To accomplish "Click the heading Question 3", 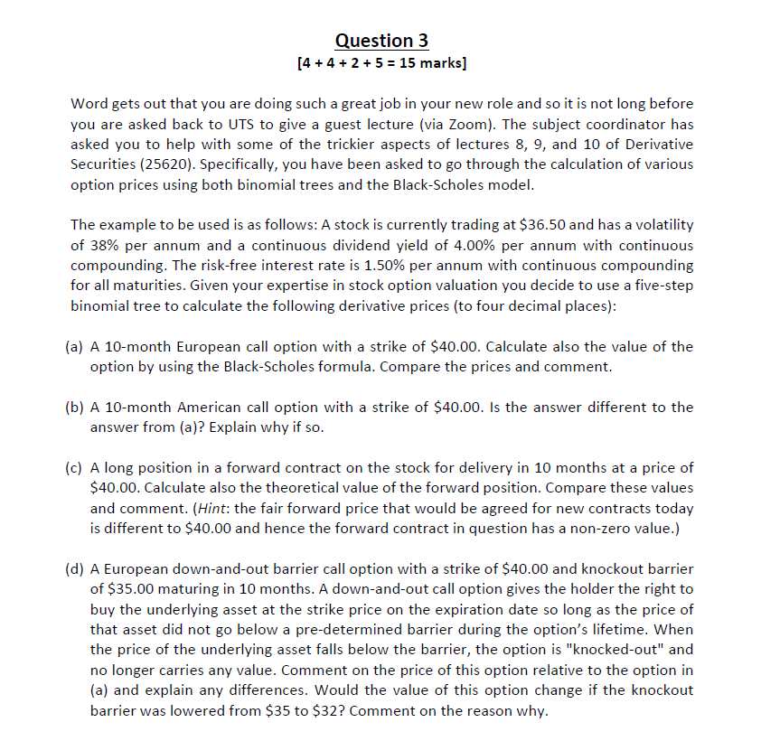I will coord(380,41).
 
